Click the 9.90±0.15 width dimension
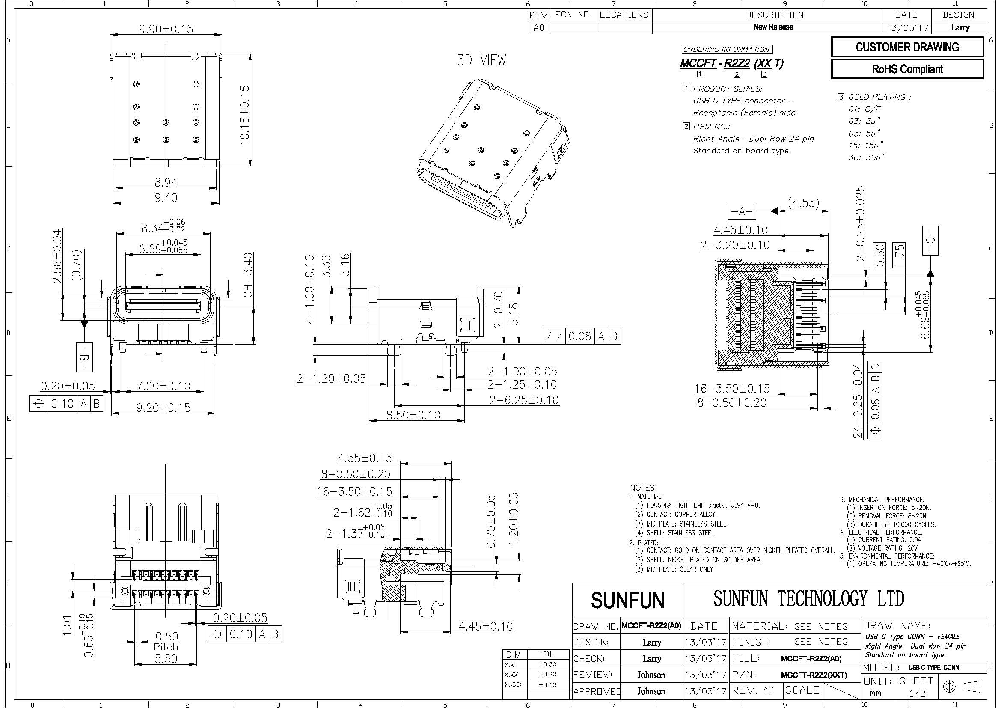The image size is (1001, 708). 166,29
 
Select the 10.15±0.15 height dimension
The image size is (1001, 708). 246,115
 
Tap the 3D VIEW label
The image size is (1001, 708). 482,60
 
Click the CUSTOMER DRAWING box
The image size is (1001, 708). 907,47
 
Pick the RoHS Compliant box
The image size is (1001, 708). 907,69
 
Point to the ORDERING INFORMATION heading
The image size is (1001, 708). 726,49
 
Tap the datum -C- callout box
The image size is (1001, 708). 930,240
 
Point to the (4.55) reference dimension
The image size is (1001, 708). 804,203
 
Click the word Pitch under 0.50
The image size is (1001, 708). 166,647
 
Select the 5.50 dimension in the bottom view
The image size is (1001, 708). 166,659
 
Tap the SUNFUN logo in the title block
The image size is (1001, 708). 628,600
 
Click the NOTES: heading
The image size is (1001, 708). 644,488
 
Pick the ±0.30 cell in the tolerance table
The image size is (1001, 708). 547,665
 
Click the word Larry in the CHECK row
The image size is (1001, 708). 652,658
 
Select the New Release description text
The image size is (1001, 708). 773,27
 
